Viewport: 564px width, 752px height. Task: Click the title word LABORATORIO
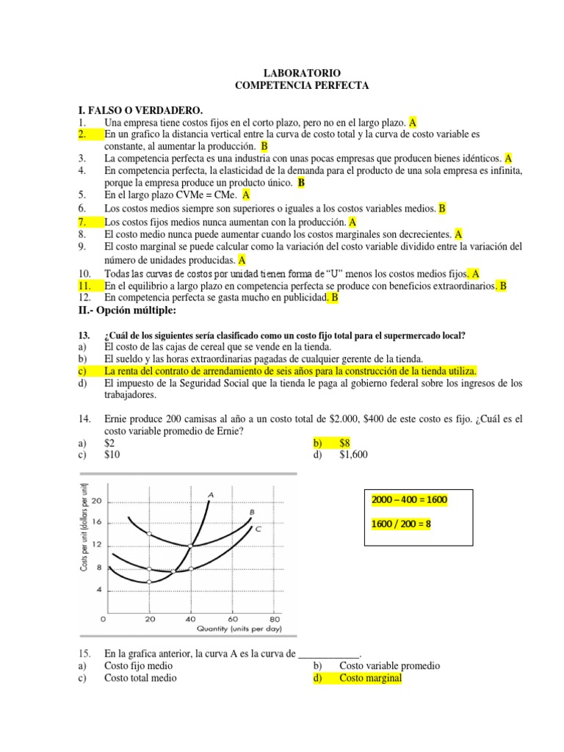[x=301, y=74]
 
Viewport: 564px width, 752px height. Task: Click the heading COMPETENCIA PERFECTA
[x=301, y=86]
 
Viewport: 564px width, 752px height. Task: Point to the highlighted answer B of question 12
[x=334, y=298]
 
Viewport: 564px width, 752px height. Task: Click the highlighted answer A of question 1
[x=413, y=123]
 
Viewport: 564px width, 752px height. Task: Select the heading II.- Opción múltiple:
[x=126, y=311]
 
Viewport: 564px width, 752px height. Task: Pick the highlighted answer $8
[x=345, y=443]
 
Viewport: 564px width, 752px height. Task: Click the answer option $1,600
[x=353, y=455]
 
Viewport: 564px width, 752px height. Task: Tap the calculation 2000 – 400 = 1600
[x=410, y=500]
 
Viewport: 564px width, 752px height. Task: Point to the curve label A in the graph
[x=211, y=494]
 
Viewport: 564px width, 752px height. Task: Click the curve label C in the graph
[x=258, y=528]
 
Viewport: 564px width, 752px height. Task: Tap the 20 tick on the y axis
[x=97, y=500]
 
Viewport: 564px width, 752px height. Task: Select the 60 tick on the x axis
[x=233, y=618]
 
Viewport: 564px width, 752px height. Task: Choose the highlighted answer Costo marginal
[x=370, y=679]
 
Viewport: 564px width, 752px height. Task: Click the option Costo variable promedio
[x=389, y=666]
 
